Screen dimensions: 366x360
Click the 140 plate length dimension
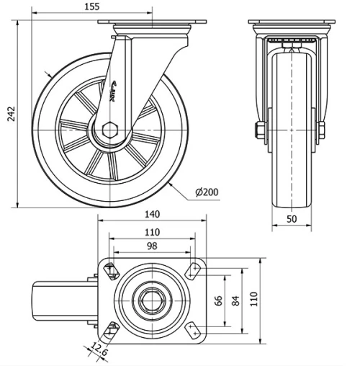tap(152, 214)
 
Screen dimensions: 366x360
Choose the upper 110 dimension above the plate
tap(152, 232)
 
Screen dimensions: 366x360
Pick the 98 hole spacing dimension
tap(152, 247)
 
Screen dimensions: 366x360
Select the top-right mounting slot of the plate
tap(193, 270)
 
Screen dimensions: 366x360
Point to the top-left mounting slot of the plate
tap(111, 270)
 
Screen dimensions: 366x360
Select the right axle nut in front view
tap(321, 131)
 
